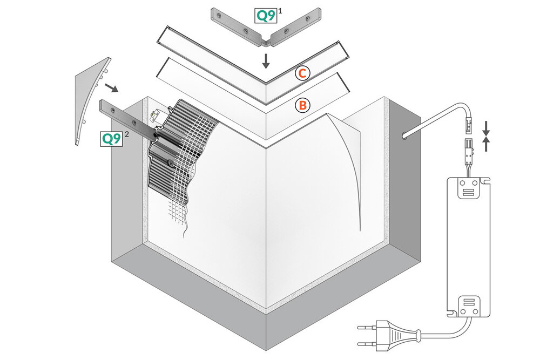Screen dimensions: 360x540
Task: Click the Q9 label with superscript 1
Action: [266, 16]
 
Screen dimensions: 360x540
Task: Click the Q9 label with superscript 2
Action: [111, 139]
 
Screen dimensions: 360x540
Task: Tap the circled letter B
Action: [302, 105]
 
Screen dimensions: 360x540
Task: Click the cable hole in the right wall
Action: [406, 135]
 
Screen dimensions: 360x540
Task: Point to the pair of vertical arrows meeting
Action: [486, 136]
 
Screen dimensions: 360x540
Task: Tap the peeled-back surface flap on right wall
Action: [346, 162]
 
